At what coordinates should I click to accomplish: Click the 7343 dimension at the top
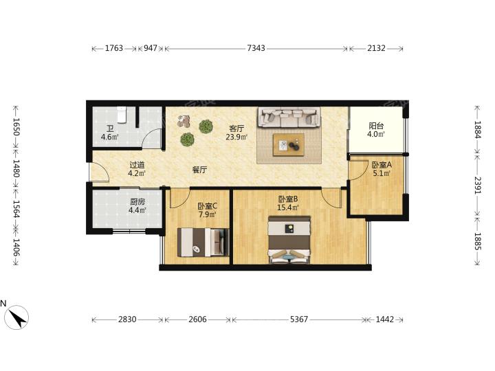[256, 48]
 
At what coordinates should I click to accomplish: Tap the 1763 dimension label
[114, 48]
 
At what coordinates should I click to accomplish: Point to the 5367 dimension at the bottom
[298, 319]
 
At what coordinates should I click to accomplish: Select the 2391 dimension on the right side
[477, 185]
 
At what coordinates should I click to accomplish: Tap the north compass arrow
[17, 317]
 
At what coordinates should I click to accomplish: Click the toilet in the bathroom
[122, 115]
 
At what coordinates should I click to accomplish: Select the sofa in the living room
[289, 117]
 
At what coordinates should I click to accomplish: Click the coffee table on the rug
[289, 145]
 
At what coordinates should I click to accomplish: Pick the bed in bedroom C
[203, 242]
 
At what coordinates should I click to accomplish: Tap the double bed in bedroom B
[289, 240]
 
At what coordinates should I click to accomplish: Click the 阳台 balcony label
[376, 126]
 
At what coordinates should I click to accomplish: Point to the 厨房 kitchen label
[137, 201]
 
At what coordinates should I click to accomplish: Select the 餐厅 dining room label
[199, 170]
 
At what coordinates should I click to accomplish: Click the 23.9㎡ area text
[236, 137]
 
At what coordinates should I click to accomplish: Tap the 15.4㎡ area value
[287, 207]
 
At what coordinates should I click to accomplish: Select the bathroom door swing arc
[153, 138]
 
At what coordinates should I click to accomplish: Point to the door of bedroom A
[358, 170]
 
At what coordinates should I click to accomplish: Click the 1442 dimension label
[385, 319]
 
